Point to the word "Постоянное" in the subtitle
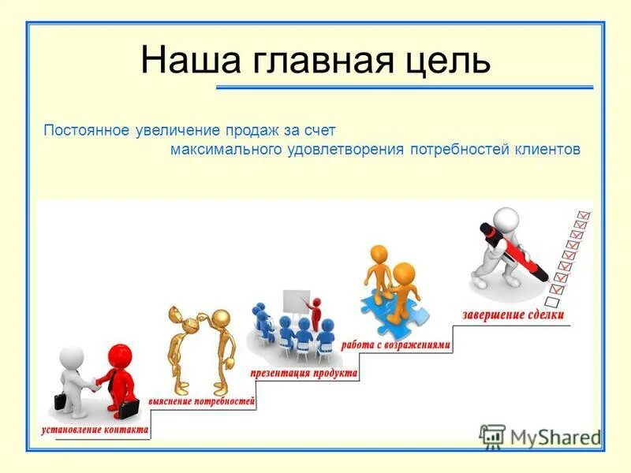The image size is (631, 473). [85, 129]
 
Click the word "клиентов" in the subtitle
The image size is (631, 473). [544, 149]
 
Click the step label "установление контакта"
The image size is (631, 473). [94, 430]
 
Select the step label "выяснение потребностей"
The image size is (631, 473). [203, 402]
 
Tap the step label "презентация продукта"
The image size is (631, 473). [302, 372]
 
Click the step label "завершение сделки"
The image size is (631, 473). [513, 315]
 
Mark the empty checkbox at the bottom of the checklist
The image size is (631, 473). [553, 301]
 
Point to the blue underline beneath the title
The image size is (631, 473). [404, 87]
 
